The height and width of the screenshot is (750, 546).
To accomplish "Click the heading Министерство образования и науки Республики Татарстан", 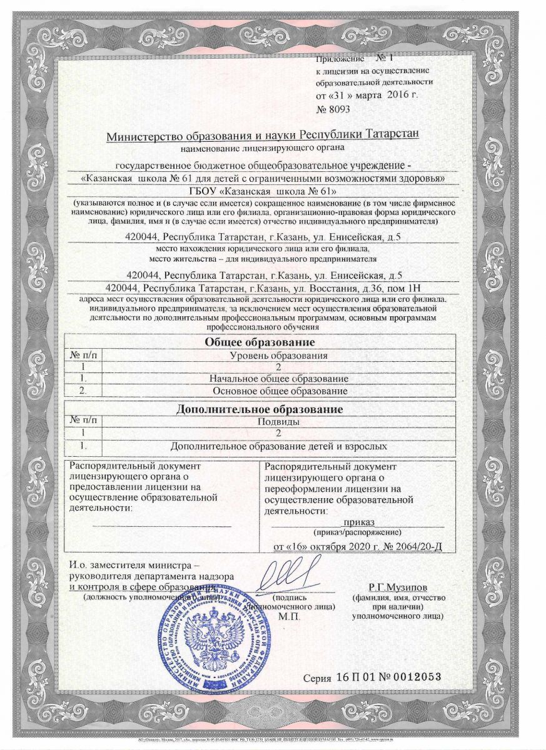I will [262, 136].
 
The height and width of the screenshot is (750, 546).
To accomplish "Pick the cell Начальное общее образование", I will [279, 379].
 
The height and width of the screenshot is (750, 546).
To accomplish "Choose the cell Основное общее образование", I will [279, 391].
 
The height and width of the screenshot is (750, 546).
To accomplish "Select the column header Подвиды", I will [279, 422].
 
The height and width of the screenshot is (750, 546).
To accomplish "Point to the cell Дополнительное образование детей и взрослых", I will [279, 446].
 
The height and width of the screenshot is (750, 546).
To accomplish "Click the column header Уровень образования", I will [279, 355].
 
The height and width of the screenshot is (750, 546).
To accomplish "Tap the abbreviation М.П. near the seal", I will [290, 616].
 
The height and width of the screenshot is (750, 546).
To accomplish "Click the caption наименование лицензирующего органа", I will [262, 147].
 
